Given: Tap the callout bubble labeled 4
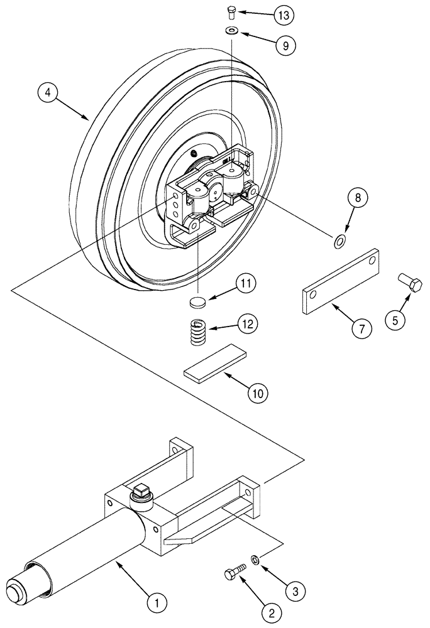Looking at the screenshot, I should [x=48, y=92].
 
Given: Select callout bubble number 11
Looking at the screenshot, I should [x=245, y=284].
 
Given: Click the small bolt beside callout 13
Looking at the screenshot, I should [x=231, y=11].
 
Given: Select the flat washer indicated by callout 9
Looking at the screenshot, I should [x=233, y=31].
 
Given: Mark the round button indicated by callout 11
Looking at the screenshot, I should [x=198, y=302].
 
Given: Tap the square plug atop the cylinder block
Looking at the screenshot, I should [x=141, y=490].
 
